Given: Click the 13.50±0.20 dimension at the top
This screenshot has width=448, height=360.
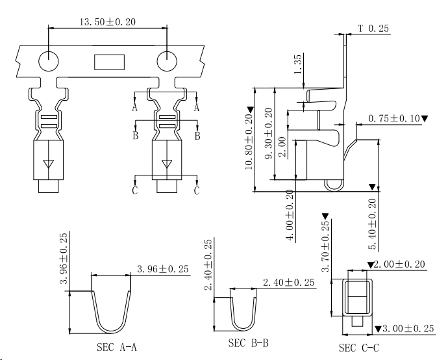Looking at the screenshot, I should pos(107,22).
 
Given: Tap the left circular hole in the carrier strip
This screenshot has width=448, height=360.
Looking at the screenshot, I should pos(48,61).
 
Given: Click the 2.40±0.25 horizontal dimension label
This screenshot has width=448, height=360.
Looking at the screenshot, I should pos(289,283).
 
